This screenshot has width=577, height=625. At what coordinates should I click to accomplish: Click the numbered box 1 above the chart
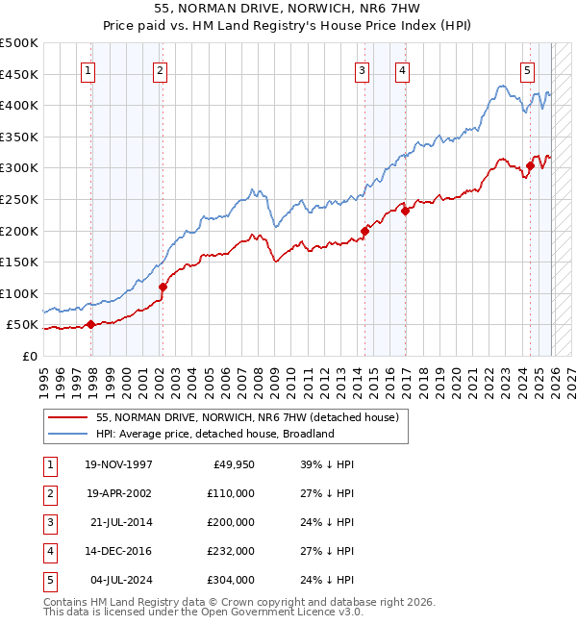(88, 69)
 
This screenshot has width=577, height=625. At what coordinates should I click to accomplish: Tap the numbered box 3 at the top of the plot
(362, 69)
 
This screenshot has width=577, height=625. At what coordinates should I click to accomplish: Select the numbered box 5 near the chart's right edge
(528, 69)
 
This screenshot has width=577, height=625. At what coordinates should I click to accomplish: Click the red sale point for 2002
(163, 287)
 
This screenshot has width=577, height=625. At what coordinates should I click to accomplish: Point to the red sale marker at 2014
(365, 231)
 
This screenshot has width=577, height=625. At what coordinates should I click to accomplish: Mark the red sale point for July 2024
(530, 166)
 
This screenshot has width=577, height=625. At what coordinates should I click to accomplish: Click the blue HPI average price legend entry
(214, 434)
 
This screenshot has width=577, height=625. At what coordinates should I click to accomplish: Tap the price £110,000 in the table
(231, 493)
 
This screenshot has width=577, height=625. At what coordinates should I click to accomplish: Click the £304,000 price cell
(231, 580)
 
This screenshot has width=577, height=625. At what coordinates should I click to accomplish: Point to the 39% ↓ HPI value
(327, 464)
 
